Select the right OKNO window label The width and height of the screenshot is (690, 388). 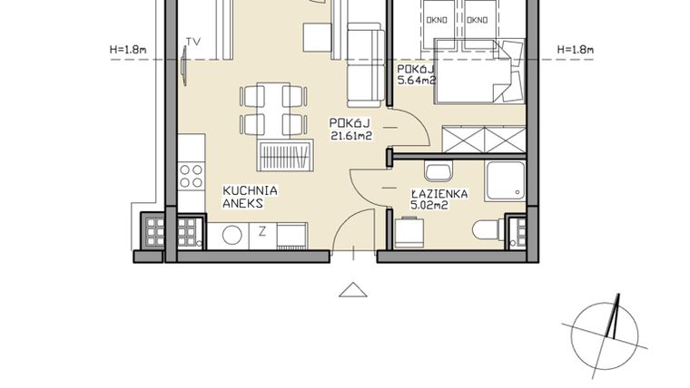tap(478, 19)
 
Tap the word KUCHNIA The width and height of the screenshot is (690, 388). tap(250, 191)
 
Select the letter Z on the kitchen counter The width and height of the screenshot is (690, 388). tap(261, 230)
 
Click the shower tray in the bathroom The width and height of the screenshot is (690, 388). tap(504, 182)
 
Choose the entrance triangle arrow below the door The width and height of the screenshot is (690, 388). tap(351, 289)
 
